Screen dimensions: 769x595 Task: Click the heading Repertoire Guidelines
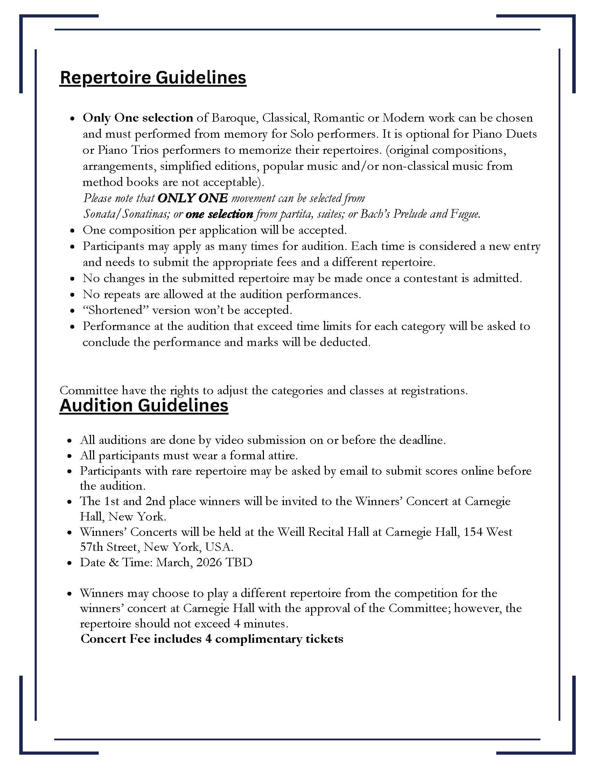click(x=153, y=78)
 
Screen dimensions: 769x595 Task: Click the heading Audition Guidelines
click(x=144, y=405)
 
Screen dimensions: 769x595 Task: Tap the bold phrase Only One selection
click(x=138, y=117)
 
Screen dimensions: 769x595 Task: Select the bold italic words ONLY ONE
click(x=192, y=198)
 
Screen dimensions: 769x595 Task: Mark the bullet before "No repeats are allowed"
click(x=72, y=295)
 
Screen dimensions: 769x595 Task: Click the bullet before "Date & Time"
click(x=70, y=563)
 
